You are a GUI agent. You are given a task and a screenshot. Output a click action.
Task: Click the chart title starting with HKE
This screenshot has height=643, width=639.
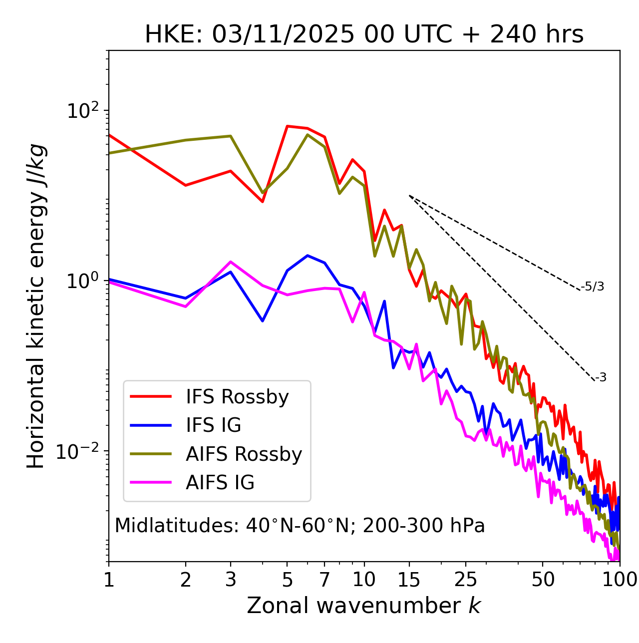click(x=364, y=35)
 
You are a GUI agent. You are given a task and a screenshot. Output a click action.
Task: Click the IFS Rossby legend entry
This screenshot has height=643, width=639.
click(x=237, y=397)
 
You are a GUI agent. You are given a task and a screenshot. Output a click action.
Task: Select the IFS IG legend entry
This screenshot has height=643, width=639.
click(x=213, y=425)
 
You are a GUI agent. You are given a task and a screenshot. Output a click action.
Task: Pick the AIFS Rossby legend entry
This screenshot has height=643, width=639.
click(x=244, y=454)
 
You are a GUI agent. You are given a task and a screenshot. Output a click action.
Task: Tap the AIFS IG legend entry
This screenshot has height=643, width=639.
click(x=220, y=483)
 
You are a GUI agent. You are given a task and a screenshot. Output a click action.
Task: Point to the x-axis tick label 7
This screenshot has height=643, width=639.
click(x=324, y=580)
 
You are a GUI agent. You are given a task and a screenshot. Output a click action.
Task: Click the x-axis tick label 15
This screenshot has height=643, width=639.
click(x=409, y=580)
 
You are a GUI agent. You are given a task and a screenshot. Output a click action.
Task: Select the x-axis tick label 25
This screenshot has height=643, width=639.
click(x=466, y=580)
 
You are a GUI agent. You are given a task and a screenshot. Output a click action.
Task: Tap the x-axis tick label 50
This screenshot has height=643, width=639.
click(x=543, y=580)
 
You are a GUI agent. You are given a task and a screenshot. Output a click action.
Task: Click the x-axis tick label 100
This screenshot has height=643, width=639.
click(x=619, y=580)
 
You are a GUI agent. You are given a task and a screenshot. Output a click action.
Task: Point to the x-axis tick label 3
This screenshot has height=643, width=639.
click(x=230, y=580)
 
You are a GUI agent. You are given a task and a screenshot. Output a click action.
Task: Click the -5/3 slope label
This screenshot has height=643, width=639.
click(x=593, y=287)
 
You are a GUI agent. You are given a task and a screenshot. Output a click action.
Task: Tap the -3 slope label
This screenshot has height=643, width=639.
click(x=601, y=378)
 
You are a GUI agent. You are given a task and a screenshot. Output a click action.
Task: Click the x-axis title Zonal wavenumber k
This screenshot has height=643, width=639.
click(x=363, y=606)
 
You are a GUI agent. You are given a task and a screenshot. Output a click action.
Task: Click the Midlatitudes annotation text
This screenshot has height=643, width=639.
click(x=300, y=526)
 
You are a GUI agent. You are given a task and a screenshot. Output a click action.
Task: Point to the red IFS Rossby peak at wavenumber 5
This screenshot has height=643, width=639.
click(x=288, y=126)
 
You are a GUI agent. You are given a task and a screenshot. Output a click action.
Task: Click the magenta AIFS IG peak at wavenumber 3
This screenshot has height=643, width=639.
click(x=230, y=262)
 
